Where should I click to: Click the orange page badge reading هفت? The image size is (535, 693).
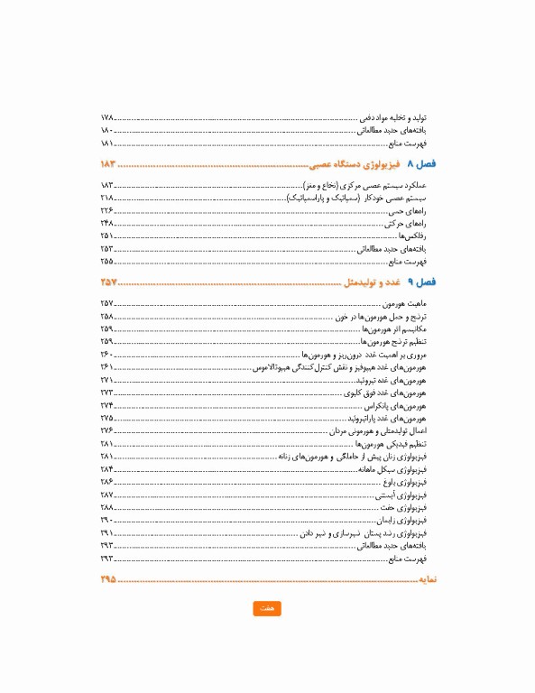click(x=267, y=609)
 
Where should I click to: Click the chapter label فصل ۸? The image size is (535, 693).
click(x=421, y=165)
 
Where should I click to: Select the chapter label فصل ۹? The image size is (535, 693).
click(x=421, y=283)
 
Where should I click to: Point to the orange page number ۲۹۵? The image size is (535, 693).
click(x=109, y=578)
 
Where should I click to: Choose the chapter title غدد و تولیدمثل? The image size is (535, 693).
click(x=372, y=283)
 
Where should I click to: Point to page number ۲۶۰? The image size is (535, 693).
click(x=107, y=356)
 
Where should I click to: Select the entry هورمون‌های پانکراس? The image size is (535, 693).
click(x=401, y=406)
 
